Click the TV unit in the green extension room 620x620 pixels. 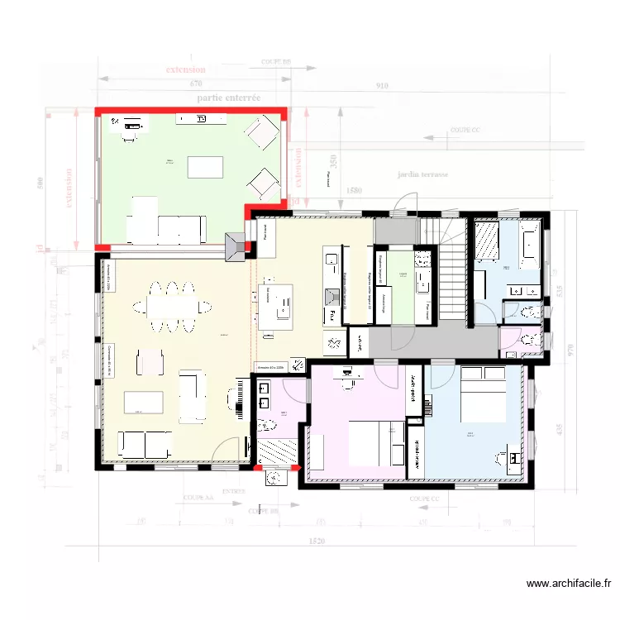point(201,120)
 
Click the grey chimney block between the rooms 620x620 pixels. point(237,246)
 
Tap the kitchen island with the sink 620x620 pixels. point(276,305)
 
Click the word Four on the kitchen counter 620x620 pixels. point(330,316)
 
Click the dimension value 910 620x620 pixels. point(381,85)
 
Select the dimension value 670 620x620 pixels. point(195,84)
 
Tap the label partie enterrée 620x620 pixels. point(229,98)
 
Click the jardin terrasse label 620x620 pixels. point(422,175)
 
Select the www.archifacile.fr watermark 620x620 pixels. point(568,584)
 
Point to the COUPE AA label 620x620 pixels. point(194,499)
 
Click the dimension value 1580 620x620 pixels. point(354,191)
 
